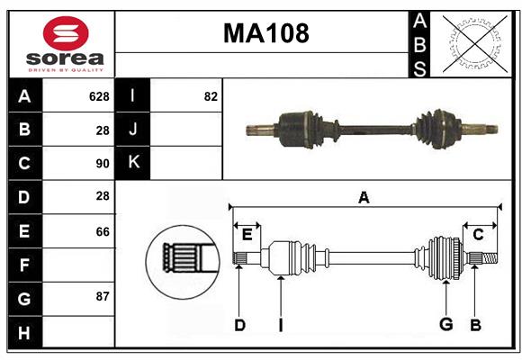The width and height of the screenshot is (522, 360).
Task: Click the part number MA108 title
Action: [265, 33]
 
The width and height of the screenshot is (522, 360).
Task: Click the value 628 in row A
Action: [99, 96]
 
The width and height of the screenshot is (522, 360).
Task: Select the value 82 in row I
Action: [211, 96]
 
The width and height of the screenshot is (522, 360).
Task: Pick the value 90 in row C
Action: [102, 164]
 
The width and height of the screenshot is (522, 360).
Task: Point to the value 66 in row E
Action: [102, 231]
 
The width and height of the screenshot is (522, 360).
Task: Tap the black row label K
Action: [133, 163]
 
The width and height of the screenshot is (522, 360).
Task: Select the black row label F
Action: [24, 265]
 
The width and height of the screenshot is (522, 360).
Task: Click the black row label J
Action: [133, 130]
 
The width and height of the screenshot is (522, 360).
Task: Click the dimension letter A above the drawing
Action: [364, 197]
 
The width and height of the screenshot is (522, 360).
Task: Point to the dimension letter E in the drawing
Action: [247, 234]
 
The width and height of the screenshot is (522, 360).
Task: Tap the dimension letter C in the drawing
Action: [478, 234]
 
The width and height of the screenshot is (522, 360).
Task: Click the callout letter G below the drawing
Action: [445, 325]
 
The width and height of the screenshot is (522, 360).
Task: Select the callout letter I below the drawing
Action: [280, 325]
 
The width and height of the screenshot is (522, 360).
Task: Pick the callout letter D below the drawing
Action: [239, 325]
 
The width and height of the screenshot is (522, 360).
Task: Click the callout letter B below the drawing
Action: [474, 325]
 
